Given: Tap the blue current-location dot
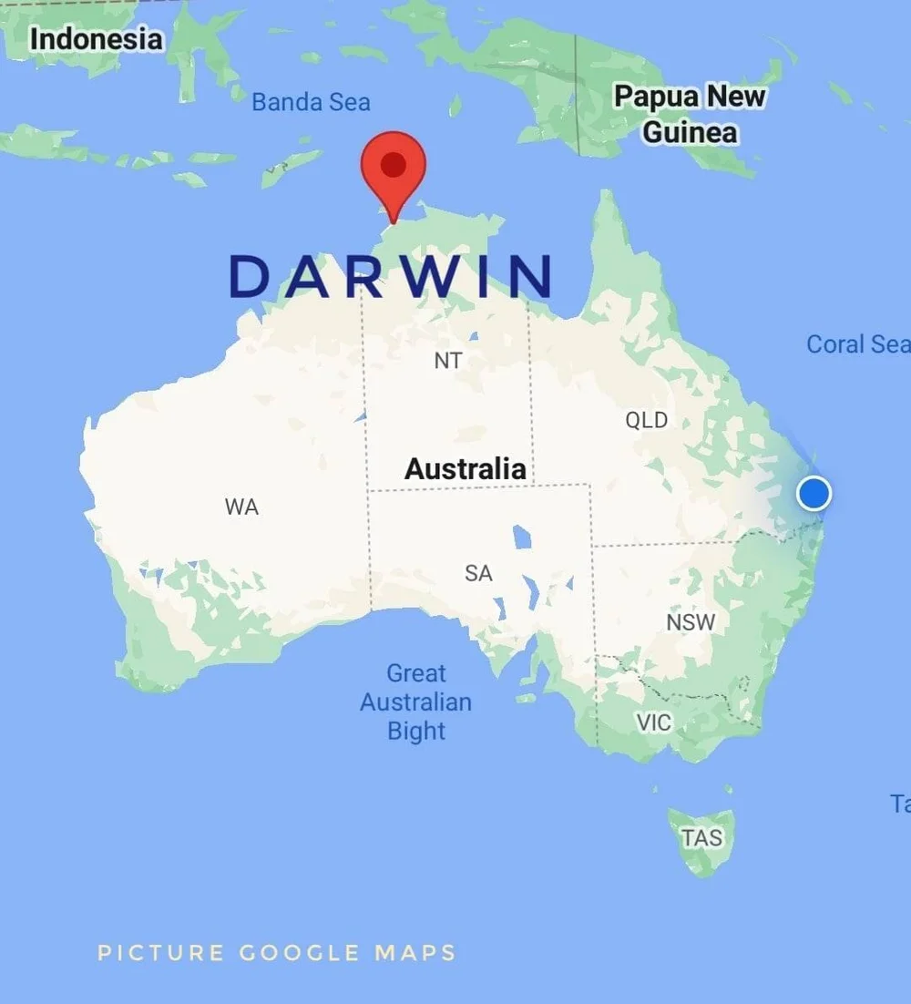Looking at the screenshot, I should pyautogui.click(x=814, y=493).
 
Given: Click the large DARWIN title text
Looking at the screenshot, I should pyautogui.click(x=392, y=276).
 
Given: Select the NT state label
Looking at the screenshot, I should pyautogui.click(x=447, y=360).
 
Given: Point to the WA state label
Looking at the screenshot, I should pyautogui.click(x=241, y=507).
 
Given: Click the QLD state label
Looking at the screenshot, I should pyautogui.click(x=646, y=420).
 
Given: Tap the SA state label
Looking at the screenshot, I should pyautogui.click(x=478, y=573).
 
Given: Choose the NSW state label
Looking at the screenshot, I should pyautogui.click(x=691, y=622).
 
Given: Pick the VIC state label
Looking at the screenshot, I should pyautogui.click(x=653, y=722).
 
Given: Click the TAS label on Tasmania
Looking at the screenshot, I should pyautogui.click(x=701, y=836).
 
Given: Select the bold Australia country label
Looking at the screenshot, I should pyautogui.click(x=465, y=469).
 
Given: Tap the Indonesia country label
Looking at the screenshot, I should pyautogui.click(x=96, y=39).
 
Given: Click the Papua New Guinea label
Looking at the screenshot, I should pyautogui.click(x=690, y=114).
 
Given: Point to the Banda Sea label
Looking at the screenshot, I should pyautogui.click(x=311, y=102).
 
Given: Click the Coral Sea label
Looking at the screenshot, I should pyautogui.click(x=857, y=343).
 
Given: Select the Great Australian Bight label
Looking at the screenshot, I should pyautogui.click(x=416, y=702).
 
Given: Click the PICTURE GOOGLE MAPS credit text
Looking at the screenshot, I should pyautogui.click(x=277, y=953).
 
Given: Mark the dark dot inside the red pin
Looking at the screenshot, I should pyautogui.click(x=394, y=164).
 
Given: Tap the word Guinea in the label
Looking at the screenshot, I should pyautogui.click(x=690, y=132).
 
